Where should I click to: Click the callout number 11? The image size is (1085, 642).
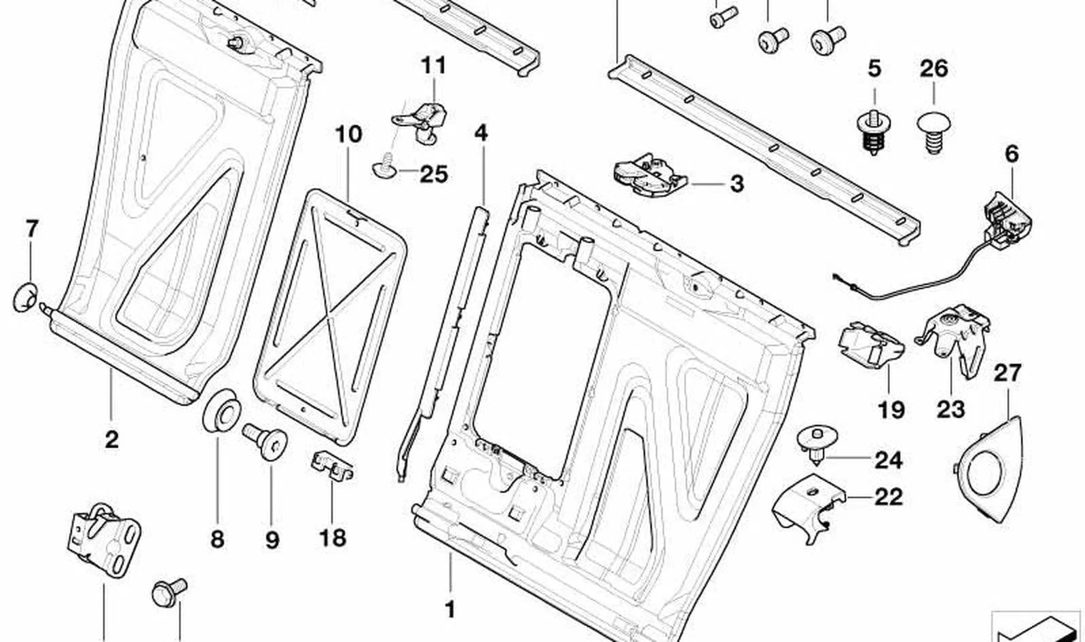[433, 65]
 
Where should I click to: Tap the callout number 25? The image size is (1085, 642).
[434, 174]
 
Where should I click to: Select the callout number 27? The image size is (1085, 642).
[1008, 373]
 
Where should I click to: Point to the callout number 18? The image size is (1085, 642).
[333, 537]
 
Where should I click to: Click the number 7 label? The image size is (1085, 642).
[31, 229]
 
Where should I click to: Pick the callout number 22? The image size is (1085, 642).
[889, 497]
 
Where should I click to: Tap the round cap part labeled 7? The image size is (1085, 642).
[24, 297]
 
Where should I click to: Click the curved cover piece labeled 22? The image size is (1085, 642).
[808, 508]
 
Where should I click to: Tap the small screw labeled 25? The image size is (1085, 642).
[385, 165]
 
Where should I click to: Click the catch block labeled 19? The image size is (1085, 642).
[870, 345]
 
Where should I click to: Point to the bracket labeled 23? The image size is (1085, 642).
[953, 340]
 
